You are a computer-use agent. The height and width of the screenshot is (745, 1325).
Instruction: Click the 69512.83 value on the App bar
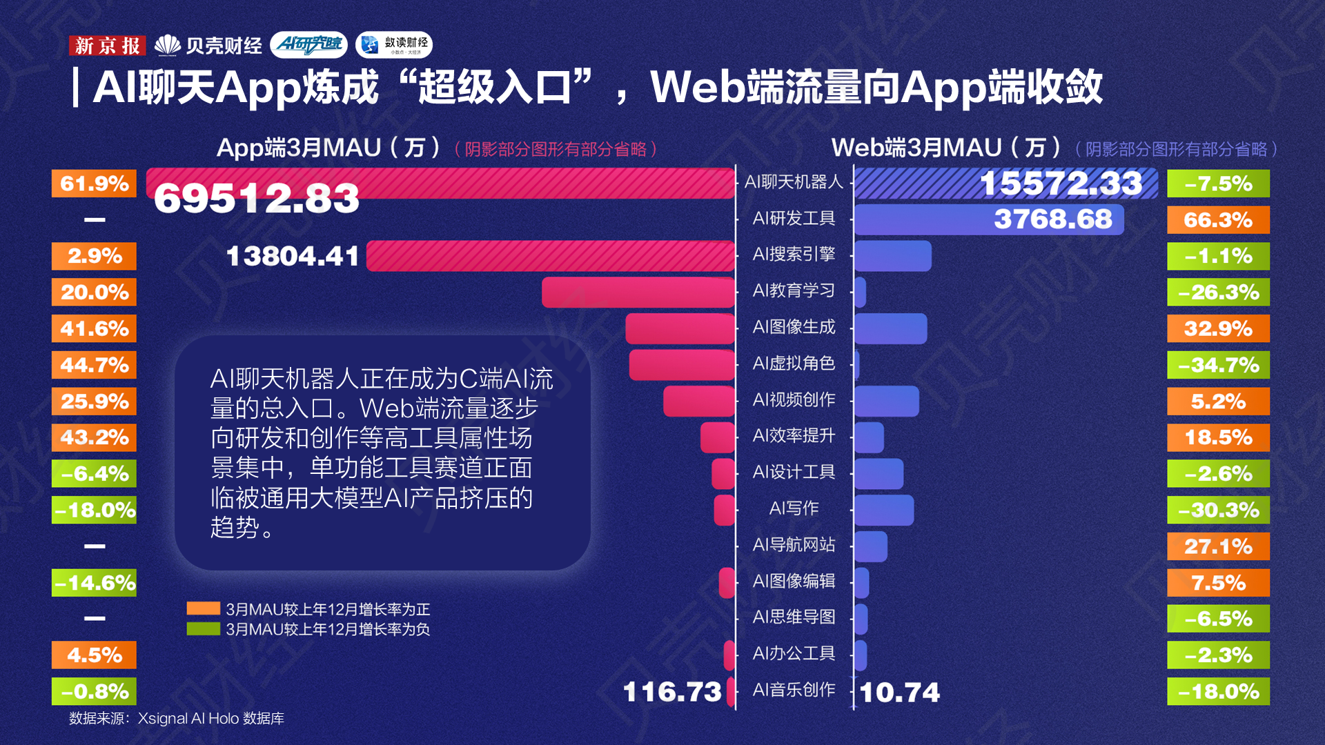coord(256,199)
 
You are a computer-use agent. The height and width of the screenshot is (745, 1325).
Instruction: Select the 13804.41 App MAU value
coord(293,257)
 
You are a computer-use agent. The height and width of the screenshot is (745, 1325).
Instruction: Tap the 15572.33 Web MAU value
coord(1061,183)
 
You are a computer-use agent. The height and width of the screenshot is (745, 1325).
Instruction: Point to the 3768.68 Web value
coord(1052,219)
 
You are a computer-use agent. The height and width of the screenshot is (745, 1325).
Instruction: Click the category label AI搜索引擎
coord(794,255)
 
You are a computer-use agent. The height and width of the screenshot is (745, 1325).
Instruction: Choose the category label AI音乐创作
coord(794,690)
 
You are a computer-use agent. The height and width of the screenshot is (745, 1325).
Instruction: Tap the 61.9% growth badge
coord(95,184)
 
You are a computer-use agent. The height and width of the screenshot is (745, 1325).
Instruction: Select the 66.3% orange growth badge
coord(1218,220)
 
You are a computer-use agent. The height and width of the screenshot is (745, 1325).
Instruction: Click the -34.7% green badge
coord(1218,365)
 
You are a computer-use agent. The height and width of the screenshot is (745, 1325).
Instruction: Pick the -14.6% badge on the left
coord(95,583)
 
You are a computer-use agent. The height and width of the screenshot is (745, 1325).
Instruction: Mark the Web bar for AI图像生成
coord(890,328)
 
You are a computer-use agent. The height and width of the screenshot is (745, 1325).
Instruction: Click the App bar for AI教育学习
coord(638,292)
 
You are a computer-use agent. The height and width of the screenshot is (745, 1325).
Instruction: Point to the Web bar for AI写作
coord(884,510)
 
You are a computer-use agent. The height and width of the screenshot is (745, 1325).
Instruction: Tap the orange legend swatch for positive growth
coord(203,608)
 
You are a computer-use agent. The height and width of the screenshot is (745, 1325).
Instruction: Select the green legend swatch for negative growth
coord(203,628)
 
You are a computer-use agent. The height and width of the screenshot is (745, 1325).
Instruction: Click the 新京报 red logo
coord(107,46)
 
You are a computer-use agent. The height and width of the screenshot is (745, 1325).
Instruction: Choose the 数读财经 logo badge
coord(394,45)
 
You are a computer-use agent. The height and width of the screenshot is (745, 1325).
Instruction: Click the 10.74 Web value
coord(900,693)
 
